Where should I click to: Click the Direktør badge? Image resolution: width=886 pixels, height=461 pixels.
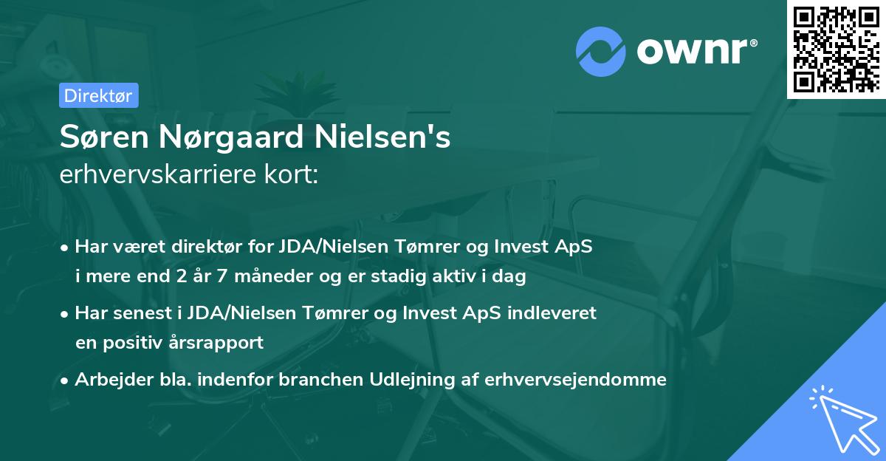pyautogui.click(x=98, y=95)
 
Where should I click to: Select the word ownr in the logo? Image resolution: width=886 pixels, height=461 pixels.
pyautogui.click(x=695, y=51)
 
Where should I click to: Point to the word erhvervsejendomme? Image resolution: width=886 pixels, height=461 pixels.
pyautogui.click(x=575, y=380)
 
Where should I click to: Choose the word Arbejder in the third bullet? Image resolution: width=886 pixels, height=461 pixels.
pyautogui.click(x=107, y=380)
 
